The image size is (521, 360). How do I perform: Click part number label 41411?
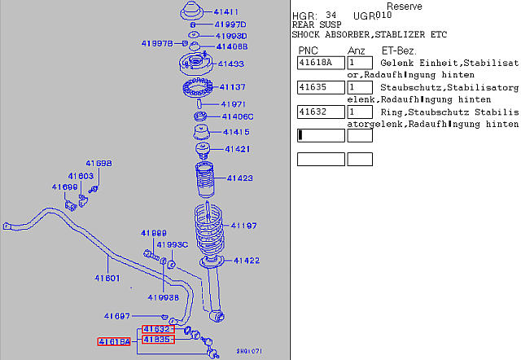pyautogui.click(x=225, y=12)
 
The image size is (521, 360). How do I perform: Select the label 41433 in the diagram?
pyautogui.click(x=230, y=64)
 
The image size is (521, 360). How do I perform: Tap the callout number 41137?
pyautogui.click(x=232, y=86)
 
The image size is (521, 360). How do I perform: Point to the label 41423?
pyautogui.click(x=239, y=178)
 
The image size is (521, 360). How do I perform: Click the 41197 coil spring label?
pyautogui.click(x=243, y=226)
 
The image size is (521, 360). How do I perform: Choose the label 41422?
pyautogui.click(x=246, y=261)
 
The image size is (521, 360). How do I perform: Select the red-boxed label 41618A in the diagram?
pyautogui.click(x=114, y=342)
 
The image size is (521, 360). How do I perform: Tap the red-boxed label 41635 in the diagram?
pyautogui.click(x=157, y=339)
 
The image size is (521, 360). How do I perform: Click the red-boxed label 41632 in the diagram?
pyautogui.click(x=157, y=329)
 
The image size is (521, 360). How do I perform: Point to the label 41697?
pyautogui.click(x=117, y=316)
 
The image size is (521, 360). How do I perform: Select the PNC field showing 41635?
pyautogui.click(x=321, y=88)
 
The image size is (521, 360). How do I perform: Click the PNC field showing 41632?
pyautogui.click(x=321, y=112)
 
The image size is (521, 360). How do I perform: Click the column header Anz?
pyautogui.click(x=357, y=51)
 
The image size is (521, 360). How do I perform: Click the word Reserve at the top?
pyautogui.click(x=405, y=7)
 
